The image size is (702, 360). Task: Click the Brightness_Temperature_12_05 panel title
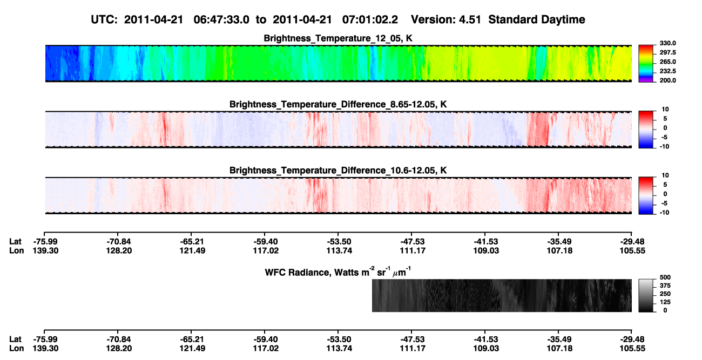pyautogui.click(x=338, y=38)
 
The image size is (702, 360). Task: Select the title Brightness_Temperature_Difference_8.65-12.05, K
pyautogui.click(x=338, y=104)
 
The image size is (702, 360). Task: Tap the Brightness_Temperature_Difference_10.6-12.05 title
pyautogui.click(x=338, y=171)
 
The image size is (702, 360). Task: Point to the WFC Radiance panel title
pyautogui.click(x=338, y=271)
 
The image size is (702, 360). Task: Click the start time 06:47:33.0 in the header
pyautogui.click(x=221, y=20)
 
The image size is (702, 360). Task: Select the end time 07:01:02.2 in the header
pyautogui.click(x=370, y=20)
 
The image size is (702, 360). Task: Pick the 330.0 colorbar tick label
pyautogui.click(x=668, y=43)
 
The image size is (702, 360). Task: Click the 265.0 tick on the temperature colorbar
pyautogui.click(x=668, y=62)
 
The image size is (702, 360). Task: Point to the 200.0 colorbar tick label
pyautogui.click(x=668, y=80)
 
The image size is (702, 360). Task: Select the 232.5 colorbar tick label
pyautogui.click(x=668, y=71)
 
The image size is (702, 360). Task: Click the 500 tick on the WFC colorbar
pyautogui.click(x=665, y=277)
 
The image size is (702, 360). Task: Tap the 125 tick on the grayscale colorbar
pyautogui.click(x=665, y=302)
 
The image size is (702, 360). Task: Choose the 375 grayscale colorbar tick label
pyautogui.click(x=665, y=286)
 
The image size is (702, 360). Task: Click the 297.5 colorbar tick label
pyautogui.click(x=668, y=52)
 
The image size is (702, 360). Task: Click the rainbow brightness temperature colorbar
pyautogui.click(x=646, y=64)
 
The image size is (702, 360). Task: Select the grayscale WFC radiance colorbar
pyautogui.click(x=646, y=295)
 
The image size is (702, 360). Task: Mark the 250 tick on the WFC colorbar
pyautogui.click(x=665, y=294)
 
